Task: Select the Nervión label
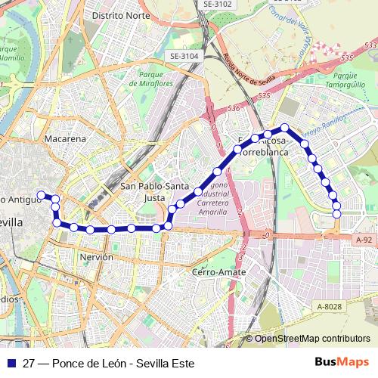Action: [x=96, y=257]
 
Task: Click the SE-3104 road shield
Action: [x=184, y=56]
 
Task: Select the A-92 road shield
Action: [x=364, y=240]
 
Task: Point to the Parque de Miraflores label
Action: [x=156, y=79]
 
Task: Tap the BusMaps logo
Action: [x=342, y=363]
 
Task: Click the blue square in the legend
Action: [x=11, y=363]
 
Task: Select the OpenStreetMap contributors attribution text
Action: [x=312, y=339]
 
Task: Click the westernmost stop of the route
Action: [x=41, y=195]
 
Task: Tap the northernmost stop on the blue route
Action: [x=285, y=128]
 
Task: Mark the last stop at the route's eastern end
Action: [x=336, y=214]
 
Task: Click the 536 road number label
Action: [x=234, y=109]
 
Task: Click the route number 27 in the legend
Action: [x=29, y=364]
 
